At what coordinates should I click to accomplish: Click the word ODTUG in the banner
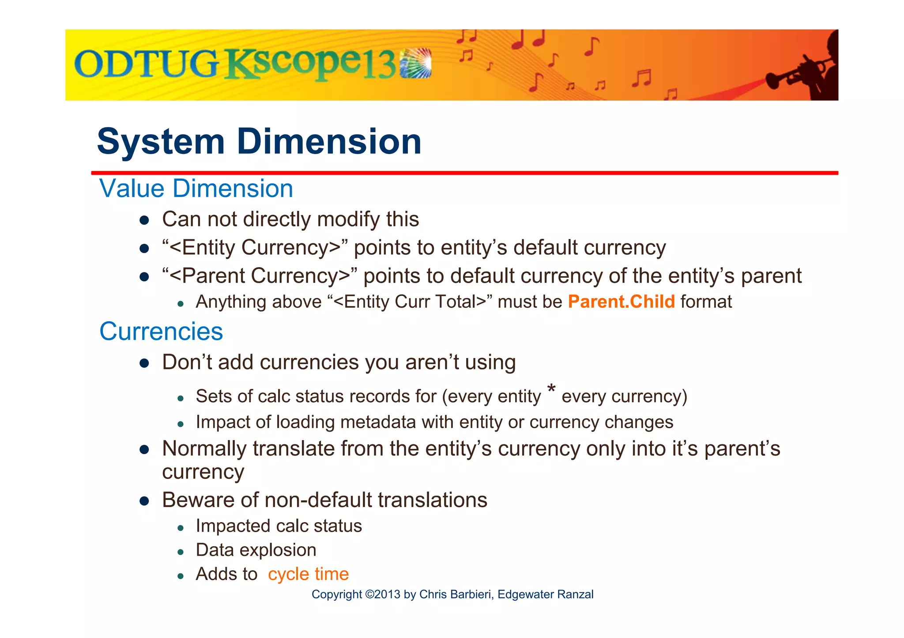tap(146, 64)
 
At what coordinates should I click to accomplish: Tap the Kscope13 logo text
tap(311, 65)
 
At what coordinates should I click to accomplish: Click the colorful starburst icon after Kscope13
tap(415, 63)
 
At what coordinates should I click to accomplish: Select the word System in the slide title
tap(161, 142)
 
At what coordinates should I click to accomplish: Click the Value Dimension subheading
tap(196, 189)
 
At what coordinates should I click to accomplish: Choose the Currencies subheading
tap(161, 332)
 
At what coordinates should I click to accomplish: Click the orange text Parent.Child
tap(621, 302)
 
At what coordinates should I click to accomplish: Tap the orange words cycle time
tap(308, 574)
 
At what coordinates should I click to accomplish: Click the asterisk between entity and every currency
tap(551, 389)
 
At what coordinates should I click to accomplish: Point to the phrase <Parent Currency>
tap(260, 276)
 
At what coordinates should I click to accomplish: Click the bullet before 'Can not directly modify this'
tap(144, 220)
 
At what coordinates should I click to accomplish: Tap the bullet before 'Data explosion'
tap(180, 552)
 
